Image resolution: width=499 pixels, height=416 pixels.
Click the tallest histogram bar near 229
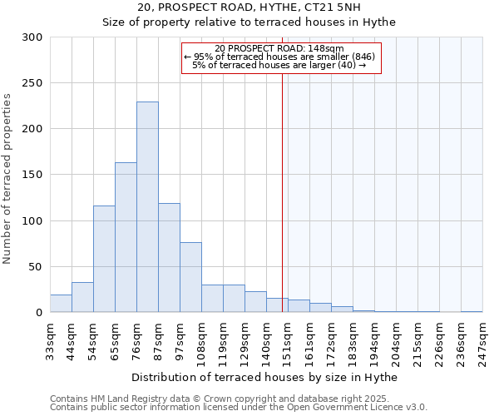(147, 207)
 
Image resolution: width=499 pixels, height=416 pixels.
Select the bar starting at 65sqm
(126, 237)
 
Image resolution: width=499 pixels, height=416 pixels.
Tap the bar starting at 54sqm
(104, 259)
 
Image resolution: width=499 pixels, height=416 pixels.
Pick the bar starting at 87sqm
(169, 258)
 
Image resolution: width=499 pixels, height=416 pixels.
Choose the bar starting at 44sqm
(82, 298)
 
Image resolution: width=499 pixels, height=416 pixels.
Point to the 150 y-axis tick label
(33, 175)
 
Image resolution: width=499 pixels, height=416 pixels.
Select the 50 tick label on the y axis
(37, 267)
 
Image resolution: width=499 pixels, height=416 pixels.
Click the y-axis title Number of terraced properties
(8, 179)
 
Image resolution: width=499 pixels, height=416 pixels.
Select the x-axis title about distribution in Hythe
(264, 378)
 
